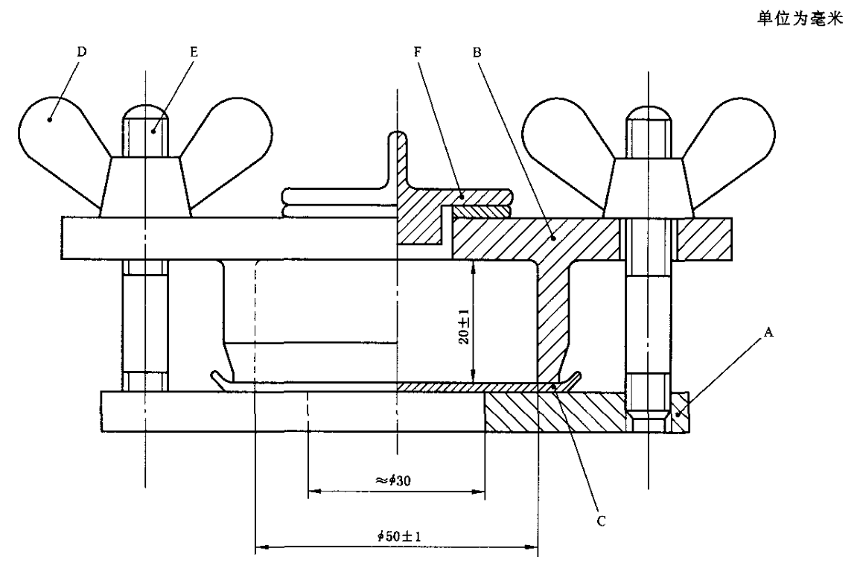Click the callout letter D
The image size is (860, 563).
click(82, 51)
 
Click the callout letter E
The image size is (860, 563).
click(194, 52)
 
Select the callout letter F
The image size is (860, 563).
click(418, 52)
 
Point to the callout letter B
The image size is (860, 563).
click(477, 53)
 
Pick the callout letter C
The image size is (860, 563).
click(601, 521)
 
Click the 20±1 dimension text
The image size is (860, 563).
click(464, 327)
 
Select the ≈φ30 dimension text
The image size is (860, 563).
click(393, 480)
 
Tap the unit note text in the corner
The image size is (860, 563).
click(800, 20)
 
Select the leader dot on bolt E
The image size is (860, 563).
click(155, 130)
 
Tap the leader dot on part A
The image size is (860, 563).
click(678, 416)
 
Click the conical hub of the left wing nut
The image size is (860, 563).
click(145, 187)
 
